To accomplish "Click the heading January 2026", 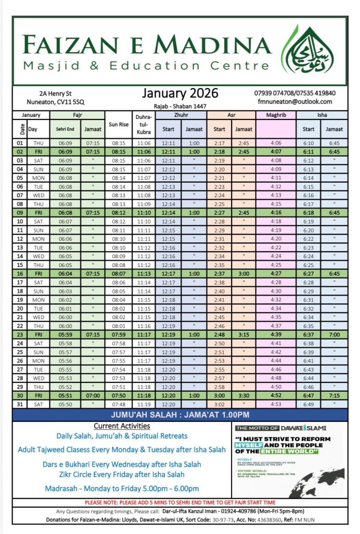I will click(x=180, y=93).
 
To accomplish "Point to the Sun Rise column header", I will click(x=119, y=125).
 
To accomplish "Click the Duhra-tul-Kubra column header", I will click(x=143, y=125).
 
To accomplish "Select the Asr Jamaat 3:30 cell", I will click(x=244, y=396).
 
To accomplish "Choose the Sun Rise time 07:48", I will click(x=119, y=405).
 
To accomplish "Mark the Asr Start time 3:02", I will click(x=220, y=405).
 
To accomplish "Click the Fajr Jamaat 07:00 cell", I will click(x=93, y=396).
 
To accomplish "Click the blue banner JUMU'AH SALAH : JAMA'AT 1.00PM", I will click(x=179, y=415).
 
